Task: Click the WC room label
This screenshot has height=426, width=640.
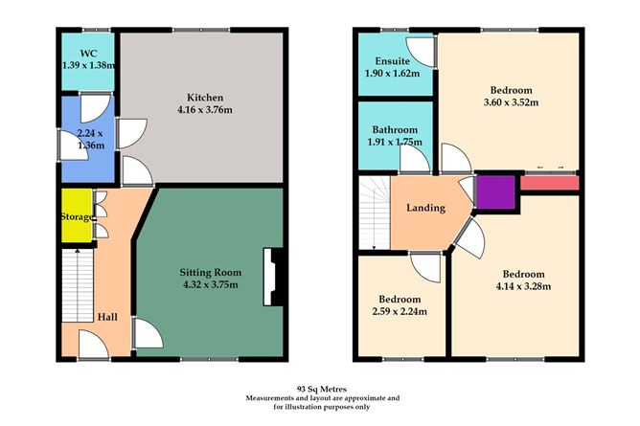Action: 88,54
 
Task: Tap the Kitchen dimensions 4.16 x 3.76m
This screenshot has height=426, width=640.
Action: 205,110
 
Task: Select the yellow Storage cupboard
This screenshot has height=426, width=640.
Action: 77,215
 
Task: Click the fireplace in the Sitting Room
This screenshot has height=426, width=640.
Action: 273,277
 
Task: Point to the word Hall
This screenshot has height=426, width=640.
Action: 107,317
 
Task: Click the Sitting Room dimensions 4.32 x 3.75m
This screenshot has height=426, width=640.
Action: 211,284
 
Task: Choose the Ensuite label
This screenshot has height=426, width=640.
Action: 393,61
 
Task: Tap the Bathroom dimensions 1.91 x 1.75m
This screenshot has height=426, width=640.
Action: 395,142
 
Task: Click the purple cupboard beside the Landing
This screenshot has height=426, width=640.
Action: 496,192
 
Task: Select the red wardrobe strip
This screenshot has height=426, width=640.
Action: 550,183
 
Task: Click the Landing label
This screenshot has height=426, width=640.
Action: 425,208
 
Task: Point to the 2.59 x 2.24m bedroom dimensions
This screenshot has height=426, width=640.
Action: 400,311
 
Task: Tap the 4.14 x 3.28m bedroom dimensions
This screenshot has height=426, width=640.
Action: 523,286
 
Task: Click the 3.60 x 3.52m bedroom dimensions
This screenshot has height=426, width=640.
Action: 511,102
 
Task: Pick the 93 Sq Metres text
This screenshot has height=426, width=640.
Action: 323,390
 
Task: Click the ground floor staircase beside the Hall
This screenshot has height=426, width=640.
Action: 78,286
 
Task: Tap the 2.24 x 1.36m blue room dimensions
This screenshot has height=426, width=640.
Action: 90,139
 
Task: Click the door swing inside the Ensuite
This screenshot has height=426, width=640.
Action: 421,53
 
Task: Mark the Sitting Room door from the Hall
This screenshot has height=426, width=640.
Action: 148,333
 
